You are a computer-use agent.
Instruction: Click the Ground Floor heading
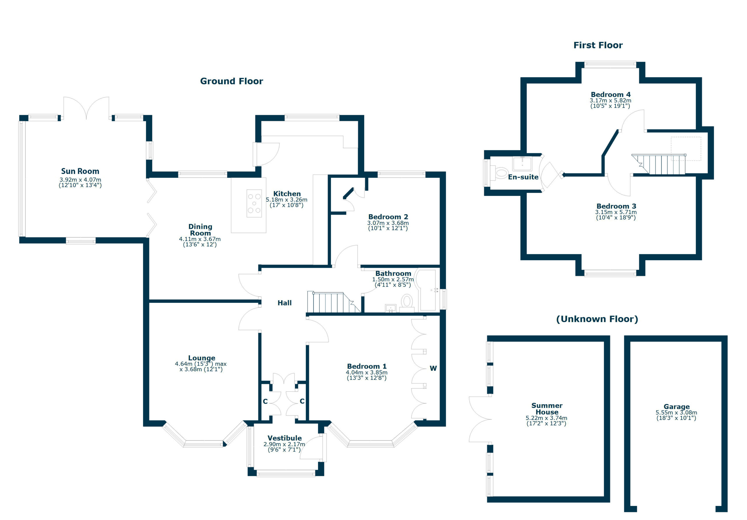point(231,81)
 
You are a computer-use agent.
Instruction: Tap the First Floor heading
point(598,45)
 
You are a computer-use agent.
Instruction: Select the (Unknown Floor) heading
point(597,319)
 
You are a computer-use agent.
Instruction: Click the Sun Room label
point(80,171)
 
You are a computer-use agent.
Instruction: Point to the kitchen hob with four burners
point(254,204)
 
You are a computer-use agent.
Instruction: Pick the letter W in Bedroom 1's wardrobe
point(433,368)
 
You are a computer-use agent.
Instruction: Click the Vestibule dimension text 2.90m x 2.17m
point(284,444)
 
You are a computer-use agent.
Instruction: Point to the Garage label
point(676,406)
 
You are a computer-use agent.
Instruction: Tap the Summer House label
point(547,409)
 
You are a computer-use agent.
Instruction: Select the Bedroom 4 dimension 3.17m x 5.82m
point(610,101)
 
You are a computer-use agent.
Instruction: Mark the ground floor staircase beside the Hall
point(334,302)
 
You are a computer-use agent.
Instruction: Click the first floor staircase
point(659,164)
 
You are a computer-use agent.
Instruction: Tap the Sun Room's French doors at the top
point(86,108)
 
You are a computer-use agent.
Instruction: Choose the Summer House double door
point(480,419)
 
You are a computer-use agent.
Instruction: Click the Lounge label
point(201,358)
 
